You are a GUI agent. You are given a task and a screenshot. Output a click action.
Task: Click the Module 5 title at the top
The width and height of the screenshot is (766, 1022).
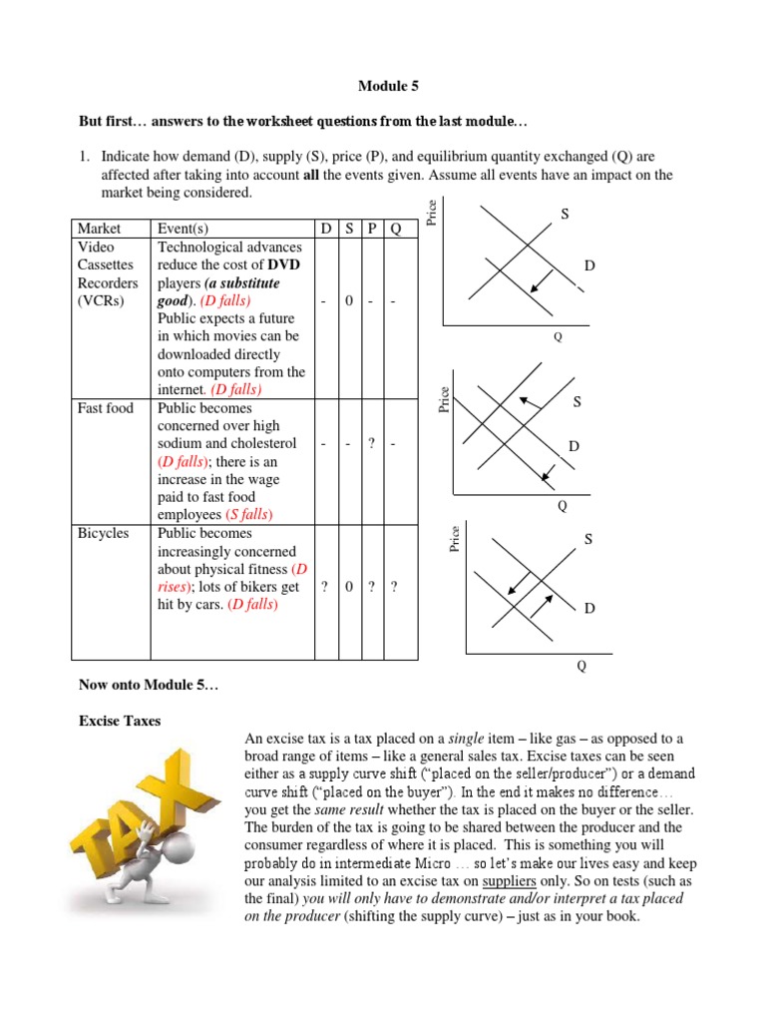[383, 87]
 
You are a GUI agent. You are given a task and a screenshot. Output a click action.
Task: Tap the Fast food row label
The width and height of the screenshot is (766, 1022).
[106, 407]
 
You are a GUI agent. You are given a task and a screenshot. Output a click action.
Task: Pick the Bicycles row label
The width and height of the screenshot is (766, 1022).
[104, 533]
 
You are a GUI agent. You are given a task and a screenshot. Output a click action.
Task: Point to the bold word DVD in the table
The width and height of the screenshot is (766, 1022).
[282, 264]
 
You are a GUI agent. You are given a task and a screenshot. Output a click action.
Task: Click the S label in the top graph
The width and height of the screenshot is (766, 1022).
[565, 215]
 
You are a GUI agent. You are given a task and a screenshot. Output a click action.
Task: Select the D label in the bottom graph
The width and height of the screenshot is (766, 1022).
[590, 608]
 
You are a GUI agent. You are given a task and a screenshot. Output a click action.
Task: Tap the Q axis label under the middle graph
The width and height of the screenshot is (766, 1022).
[562, 506]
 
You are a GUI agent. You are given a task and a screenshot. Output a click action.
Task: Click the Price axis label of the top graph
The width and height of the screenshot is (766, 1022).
[432, 212]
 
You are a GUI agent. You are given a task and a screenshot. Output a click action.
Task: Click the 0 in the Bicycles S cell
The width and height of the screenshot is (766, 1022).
[348, 587]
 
